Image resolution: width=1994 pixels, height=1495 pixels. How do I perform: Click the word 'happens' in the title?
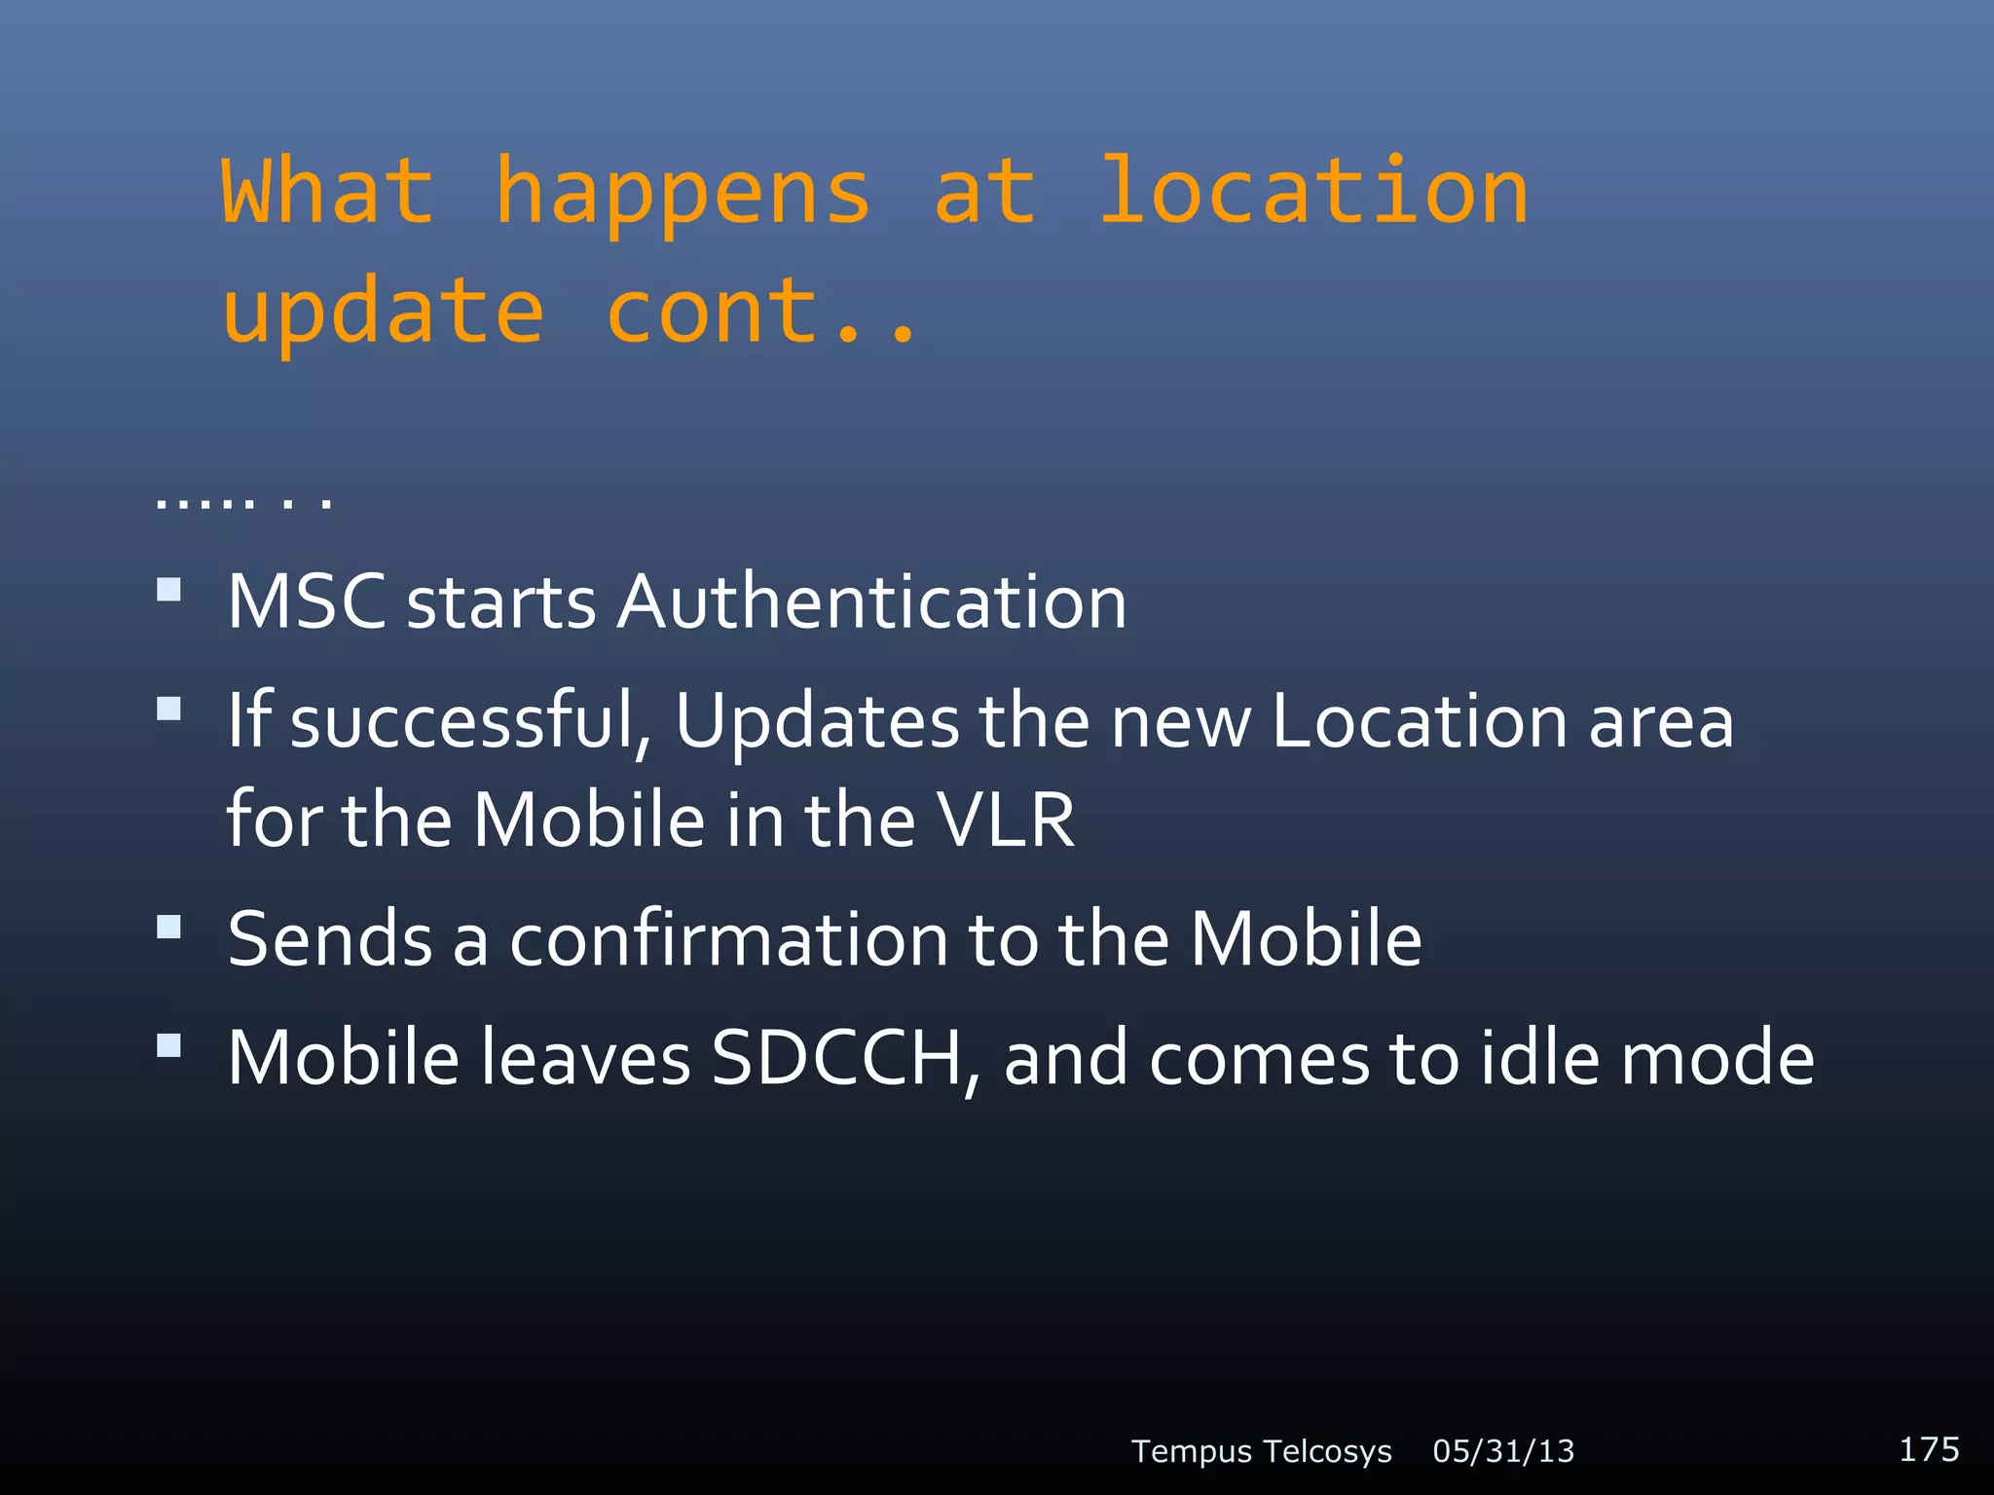(682, 195)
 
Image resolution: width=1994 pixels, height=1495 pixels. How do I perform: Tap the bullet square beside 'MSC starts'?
(169, 590)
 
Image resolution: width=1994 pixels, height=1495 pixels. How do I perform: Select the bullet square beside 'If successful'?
(169, 709)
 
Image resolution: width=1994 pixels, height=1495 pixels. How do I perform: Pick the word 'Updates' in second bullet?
(817, 722)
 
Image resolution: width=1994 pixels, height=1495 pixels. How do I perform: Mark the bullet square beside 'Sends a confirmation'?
(169, 927)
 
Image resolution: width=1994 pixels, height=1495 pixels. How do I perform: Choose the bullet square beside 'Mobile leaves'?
(169, 1046)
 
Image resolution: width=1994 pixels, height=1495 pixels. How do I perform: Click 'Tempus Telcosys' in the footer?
(1261, 1451)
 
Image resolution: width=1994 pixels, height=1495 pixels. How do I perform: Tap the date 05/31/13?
(1503, 1451)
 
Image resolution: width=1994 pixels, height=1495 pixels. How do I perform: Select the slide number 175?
(1929, 1448)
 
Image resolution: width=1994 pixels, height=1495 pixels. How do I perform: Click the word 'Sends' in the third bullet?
(330, 939)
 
